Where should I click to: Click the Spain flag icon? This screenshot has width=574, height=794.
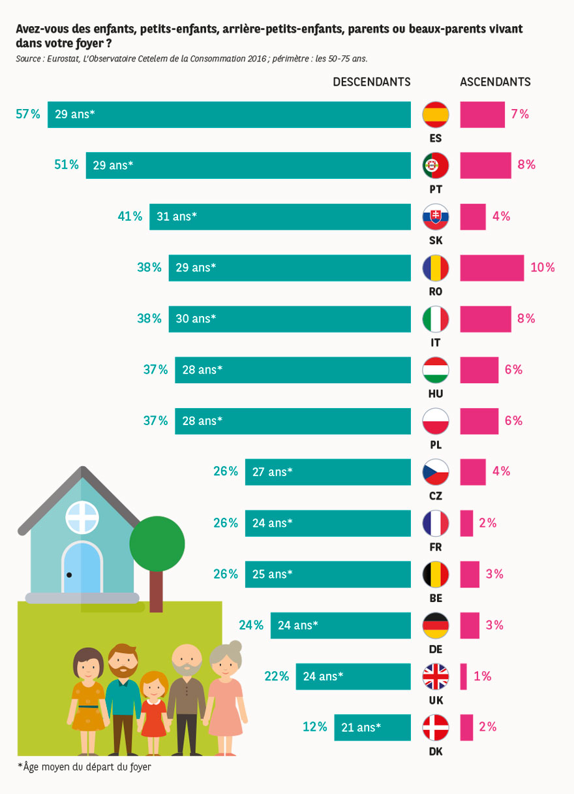436,115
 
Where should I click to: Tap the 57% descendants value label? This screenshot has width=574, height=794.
28,114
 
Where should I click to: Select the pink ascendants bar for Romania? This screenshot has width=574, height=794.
492,268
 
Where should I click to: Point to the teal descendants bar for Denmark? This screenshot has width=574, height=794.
372,727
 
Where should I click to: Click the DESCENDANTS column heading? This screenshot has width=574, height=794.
372,82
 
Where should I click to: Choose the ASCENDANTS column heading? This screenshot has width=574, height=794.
495,82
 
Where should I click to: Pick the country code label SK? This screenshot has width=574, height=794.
436,240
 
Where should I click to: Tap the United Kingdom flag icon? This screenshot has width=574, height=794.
436,676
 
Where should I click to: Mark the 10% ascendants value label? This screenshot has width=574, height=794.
543,268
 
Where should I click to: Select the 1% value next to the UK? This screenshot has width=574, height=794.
483,676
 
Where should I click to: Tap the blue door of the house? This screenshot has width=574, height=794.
82,568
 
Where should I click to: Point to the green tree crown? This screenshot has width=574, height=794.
157,543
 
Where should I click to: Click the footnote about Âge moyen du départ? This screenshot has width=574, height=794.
84,767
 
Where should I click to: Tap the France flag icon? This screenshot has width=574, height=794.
436,523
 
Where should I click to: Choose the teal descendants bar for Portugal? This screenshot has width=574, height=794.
249,166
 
